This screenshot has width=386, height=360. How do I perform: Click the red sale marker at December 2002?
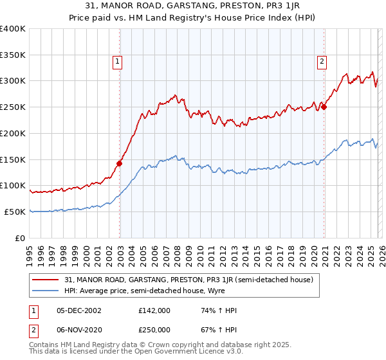point(120,163)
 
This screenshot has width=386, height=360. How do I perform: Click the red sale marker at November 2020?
point(324,107)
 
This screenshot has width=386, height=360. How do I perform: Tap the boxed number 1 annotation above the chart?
point(118,62)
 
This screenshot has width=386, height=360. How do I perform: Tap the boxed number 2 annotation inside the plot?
point(321,62)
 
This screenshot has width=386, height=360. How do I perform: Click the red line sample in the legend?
point(46,280)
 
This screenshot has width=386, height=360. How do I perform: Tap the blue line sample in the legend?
point(46,291)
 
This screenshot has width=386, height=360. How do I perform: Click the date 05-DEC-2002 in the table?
point(78,310)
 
